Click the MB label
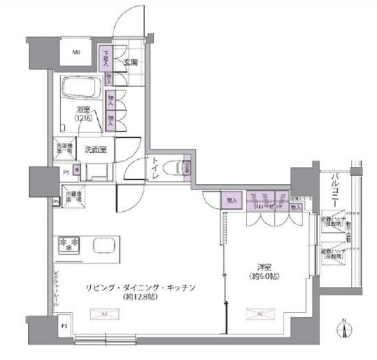77,53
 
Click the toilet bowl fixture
173,168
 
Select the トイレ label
155,167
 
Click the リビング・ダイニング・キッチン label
140,287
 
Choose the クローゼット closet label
269,207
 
